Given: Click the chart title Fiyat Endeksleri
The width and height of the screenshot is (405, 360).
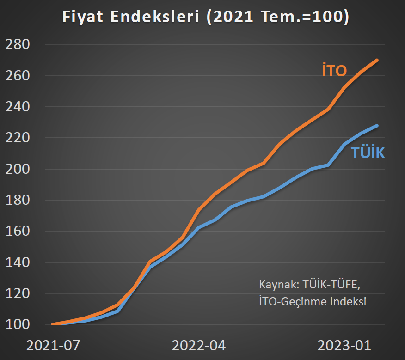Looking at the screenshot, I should pyautogui.click(x=205, y=17).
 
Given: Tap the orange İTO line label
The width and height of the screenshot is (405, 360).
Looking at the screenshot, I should pyautogui.click(x=334, y=71).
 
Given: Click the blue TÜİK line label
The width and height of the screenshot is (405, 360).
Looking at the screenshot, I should pyautogui.click(x=368, y=153).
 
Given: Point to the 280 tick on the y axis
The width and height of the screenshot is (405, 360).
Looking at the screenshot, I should pyautogui.click(x=18, y=44).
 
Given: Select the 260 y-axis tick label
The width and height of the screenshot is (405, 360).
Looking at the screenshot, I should pyautogui.click(x=18, y=75).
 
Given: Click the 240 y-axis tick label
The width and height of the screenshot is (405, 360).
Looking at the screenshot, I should pyautogui.click(x=18, y=107).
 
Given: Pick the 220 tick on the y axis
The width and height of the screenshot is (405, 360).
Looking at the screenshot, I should pyautogui.click(x=18, y=138).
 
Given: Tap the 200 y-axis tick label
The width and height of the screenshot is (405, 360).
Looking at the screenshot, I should pyautogui.click(x=18, y=169).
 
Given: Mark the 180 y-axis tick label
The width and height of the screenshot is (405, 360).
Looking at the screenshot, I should pyautogui.click(x=18, y=200).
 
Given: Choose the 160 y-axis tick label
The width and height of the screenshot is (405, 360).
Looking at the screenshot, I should pyautogui.click(x=18, y=231).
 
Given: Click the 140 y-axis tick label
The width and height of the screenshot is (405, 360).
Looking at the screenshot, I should pyautogui.click(x=18, y=262).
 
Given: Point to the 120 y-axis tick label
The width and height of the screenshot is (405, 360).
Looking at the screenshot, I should pyautogui.click(x=18, y=293).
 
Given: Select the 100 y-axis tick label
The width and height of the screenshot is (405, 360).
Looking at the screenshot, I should pyautogui.click(x=18, y=324).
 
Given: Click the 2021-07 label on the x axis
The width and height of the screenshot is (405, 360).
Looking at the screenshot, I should pyautogui.click(x=54, y=345).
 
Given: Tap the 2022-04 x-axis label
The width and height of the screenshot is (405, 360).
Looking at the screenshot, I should pyautogui.click(x=199, y=345).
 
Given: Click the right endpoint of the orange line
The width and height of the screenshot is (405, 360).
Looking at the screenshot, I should pyautogui.click(x=377, y=60).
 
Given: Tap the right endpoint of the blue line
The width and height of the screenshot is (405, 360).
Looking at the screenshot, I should pyautogui.click(x=377, y=125).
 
